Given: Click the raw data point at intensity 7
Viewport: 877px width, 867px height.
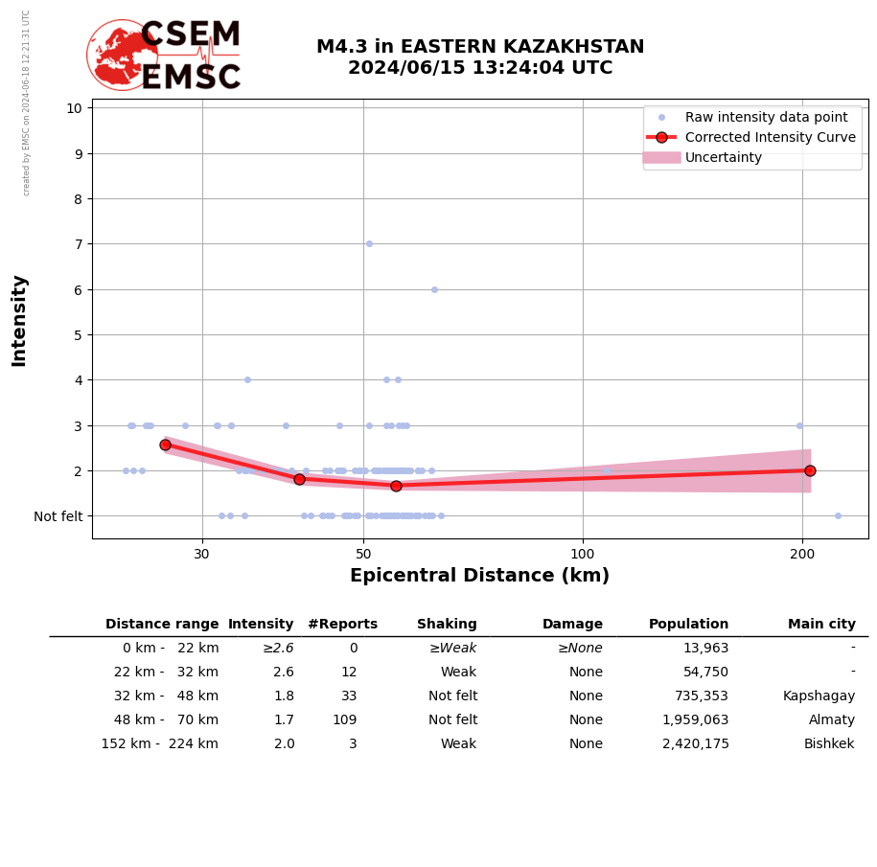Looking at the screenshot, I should [369, 243].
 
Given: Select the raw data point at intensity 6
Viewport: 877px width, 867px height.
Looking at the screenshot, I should [434, 289].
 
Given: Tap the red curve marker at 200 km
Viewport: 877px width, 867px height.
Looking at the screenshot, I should [810, 470].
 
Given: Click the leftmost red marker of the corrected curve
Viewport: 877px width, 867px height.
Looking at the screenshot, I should [165, 445].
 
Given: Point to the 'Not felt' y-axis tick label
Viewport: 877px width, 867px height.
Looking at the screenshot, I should [58, 516].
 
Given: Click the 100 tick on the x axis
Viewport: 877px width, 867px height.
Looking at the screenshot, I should [583, 554].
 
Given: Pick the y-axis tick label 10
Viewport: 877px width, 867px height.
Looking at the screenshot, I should [74, 107].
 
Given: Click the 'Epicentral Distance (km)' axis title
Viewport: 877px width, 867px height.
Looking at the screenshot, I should [479, 576].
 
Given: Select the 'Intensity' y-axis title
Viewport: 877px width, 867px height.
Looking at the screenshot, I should [19, 320].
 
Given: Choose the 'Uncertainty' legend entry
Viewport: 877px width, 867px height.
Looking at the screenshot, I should [724, 157].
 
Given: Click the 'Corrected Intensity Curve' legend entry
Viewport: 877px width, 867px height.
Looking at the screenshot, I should [770, 137].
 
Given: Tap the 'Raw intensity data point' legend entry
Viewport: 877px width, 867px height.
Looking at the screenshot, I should [766, 117].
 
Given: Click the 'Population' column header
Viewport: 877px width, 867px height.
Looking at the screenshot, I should [688, 625].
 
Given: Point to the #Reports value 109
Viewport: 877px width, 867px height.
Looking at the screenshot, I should [344, 720].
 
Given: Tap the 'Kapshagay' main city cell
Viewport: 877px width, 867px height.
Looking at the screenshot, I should [819, 696].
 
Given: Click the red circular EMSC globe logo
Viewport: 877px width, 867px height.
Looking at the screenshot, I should [122, 54].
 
